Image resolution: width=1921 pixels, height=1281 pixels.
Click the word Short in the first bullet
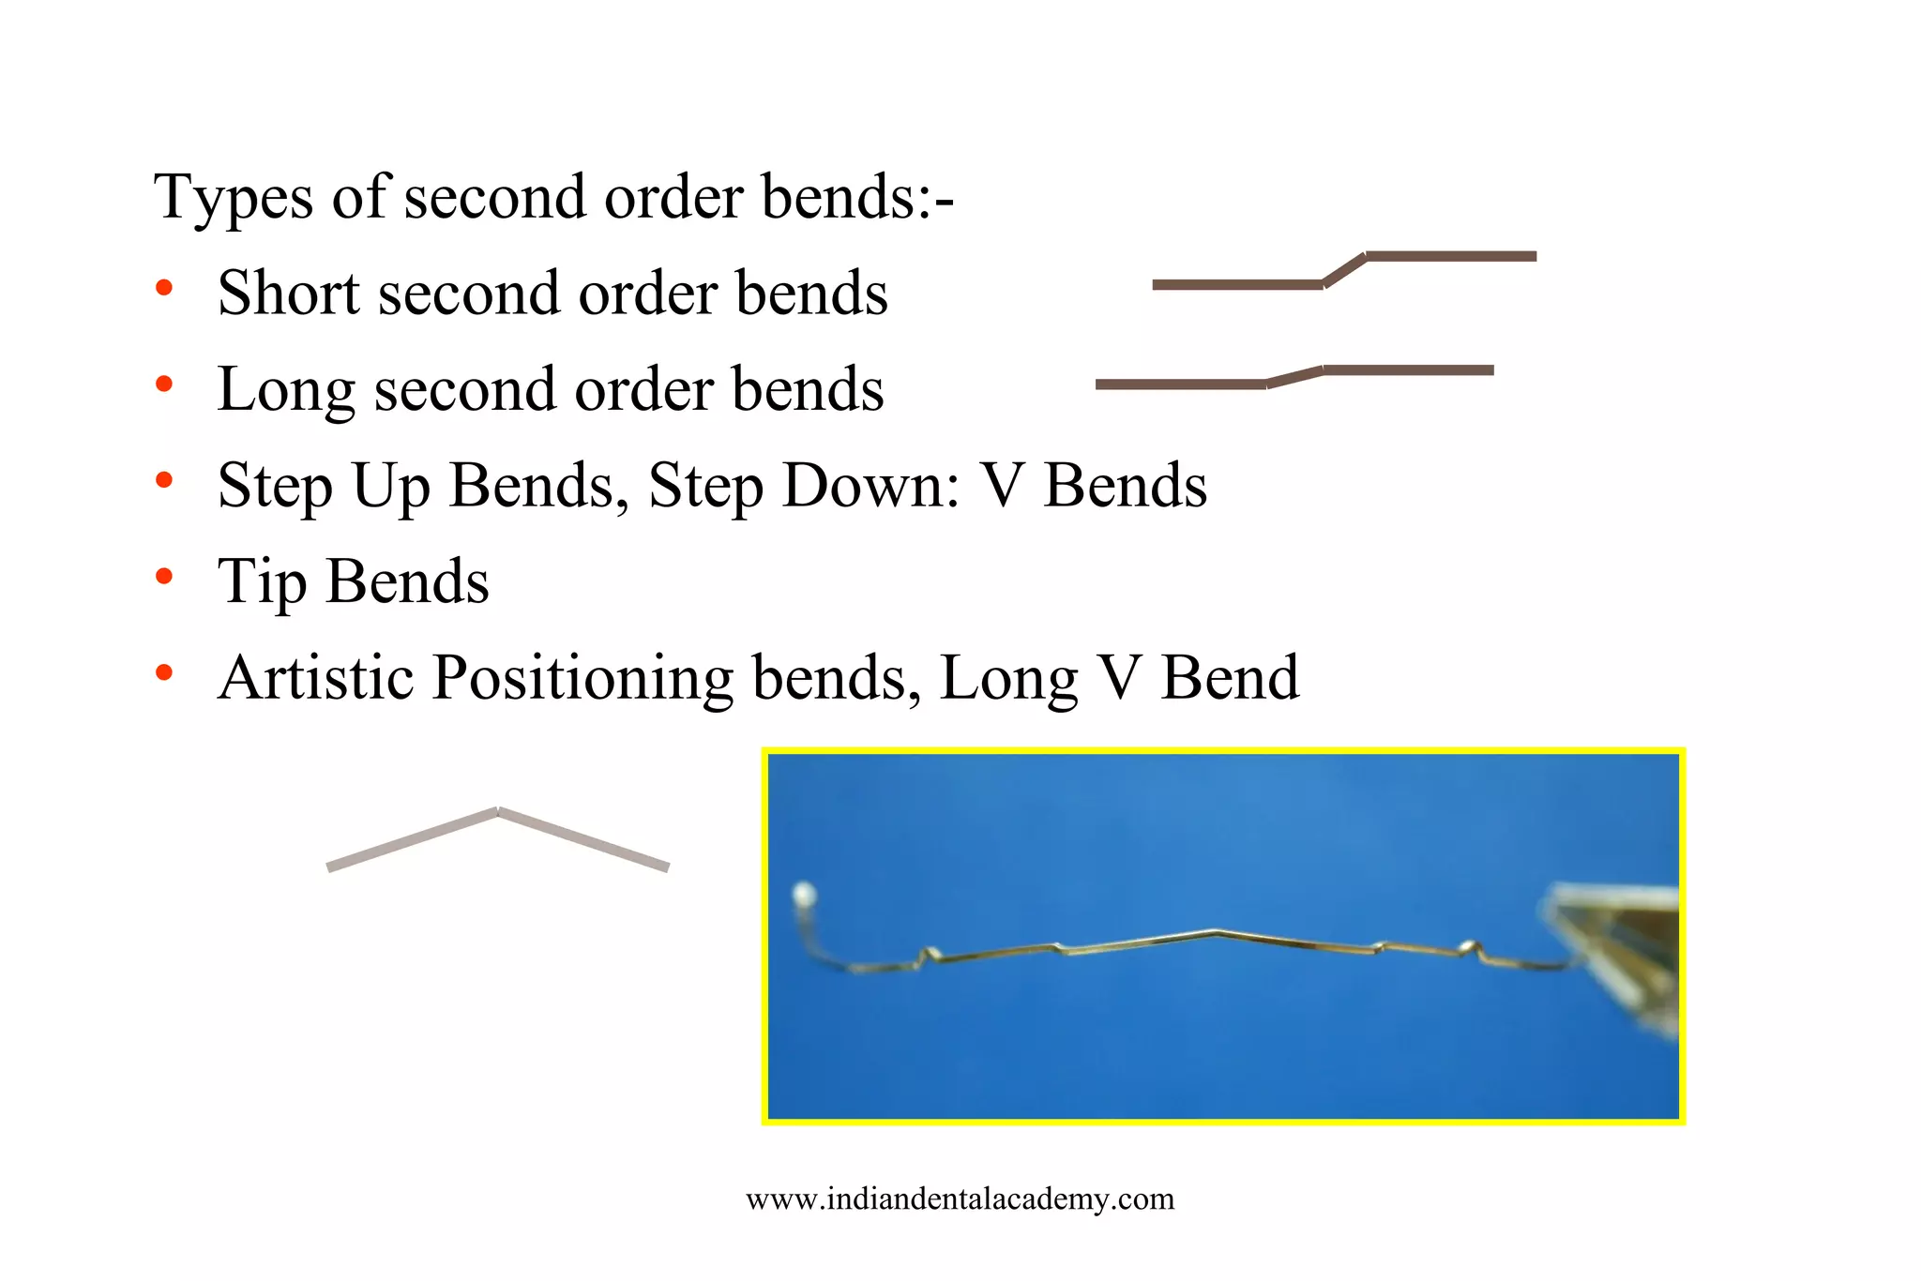(x=288, y=294)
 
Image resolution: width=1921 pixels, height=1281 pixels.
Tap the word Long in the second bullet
(x=286, y=389)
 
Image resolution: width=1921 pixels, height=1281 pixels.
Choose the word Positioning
(x=582, y=679)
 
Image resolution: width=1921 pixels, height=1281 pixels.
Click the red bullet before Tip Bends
(x=164, y=576)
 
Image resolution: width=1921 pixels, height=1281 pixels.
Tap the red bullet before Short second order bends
(x=164, y=288)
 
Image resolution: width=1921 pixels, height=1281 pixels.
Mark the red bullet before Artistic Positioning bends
(x=164, y=671)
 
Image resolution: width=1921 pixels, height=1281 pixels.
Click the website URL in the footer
(x=960, y=1198)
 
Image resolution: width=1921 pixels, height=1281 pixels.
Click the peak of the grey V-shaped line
(x=497, y=812)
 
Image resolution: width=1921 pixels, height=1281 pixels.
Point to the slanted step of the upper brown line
(x=1344, y=269)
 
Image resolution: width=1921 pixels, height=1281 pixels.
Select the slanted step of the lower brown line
(x=1294, y=377)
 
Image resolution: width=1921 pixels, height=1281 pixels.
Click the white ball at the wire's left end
(x=804, y=894)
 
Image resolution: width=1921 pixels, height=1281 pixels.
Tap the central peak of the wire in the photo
(x=1215, y=932)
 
